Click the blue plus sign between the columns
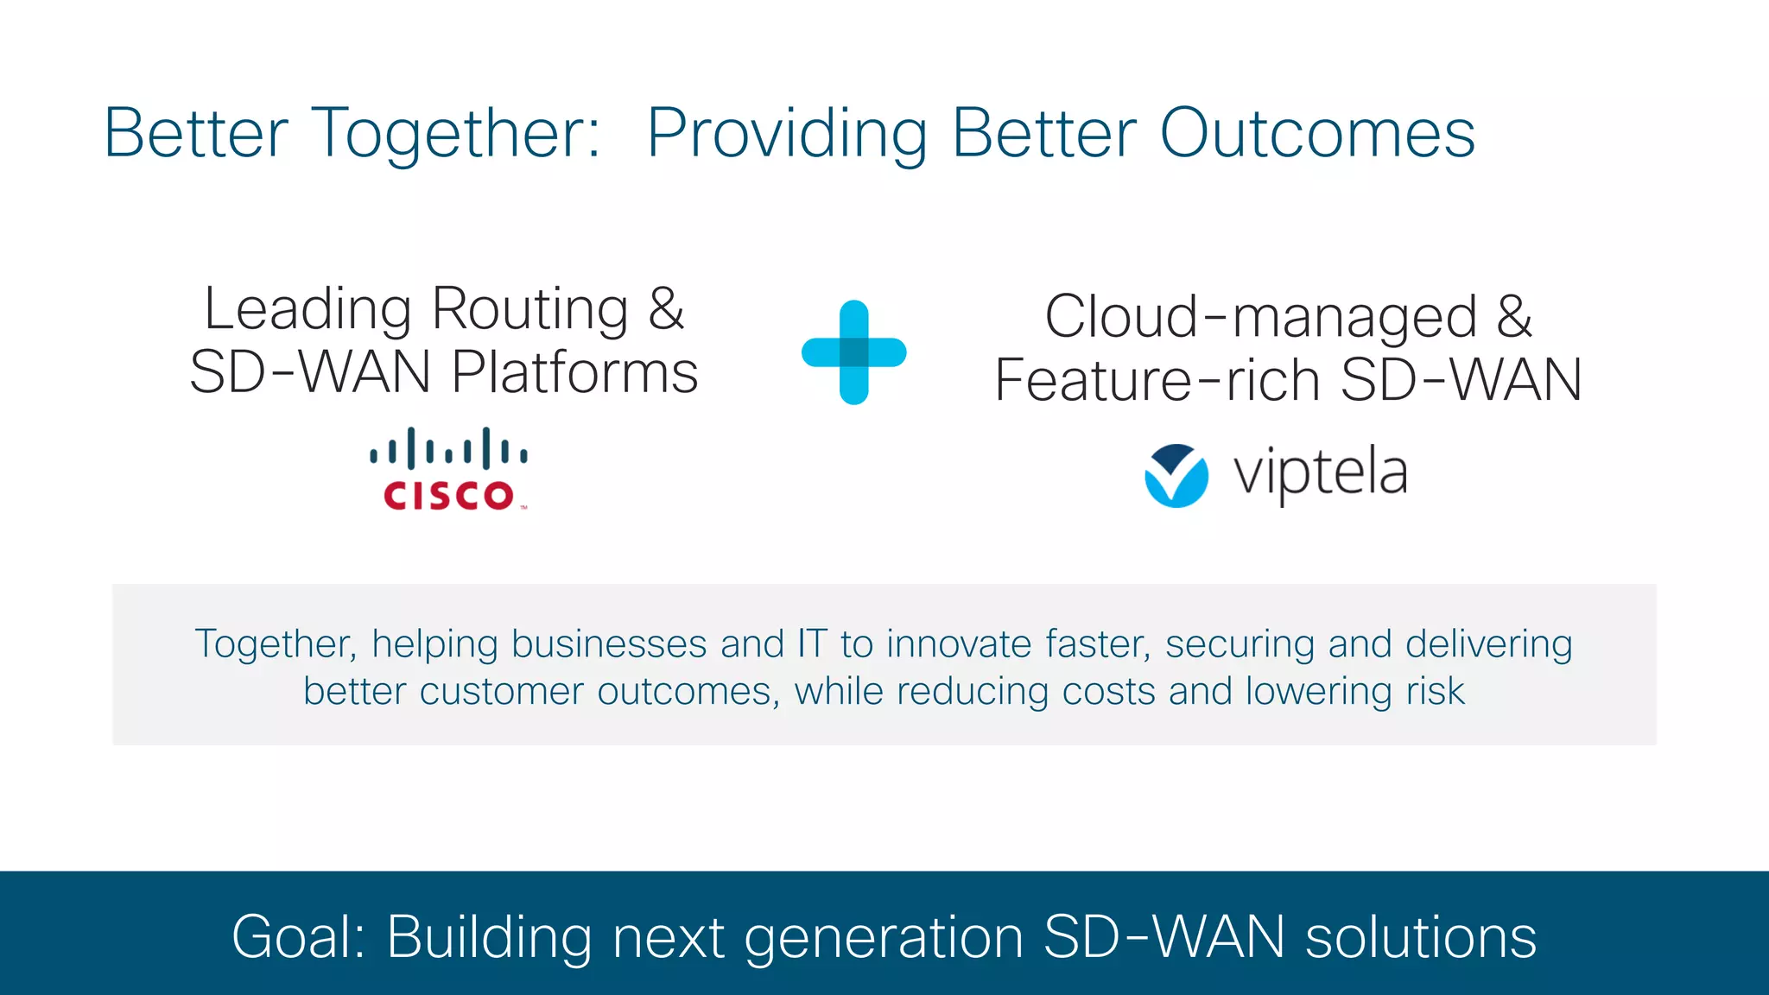tap(853, 352)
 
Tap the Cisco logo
tap(448, 470)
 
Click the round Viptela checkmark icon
tap(1176, 476)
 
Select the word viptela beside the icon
tap(1321, 473)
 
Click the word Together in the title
tap(455, 135)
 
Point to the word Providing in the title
tap(787, 135)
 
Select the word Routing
tap(529, 311)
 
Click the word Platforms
tap(574, 373)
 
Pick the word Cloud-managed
tap(1261, 318)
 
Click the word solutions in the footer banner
tap(1420, 937)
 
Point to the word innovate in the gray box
tap(958, 644)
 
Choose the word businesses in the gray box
tap(609, 644)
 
